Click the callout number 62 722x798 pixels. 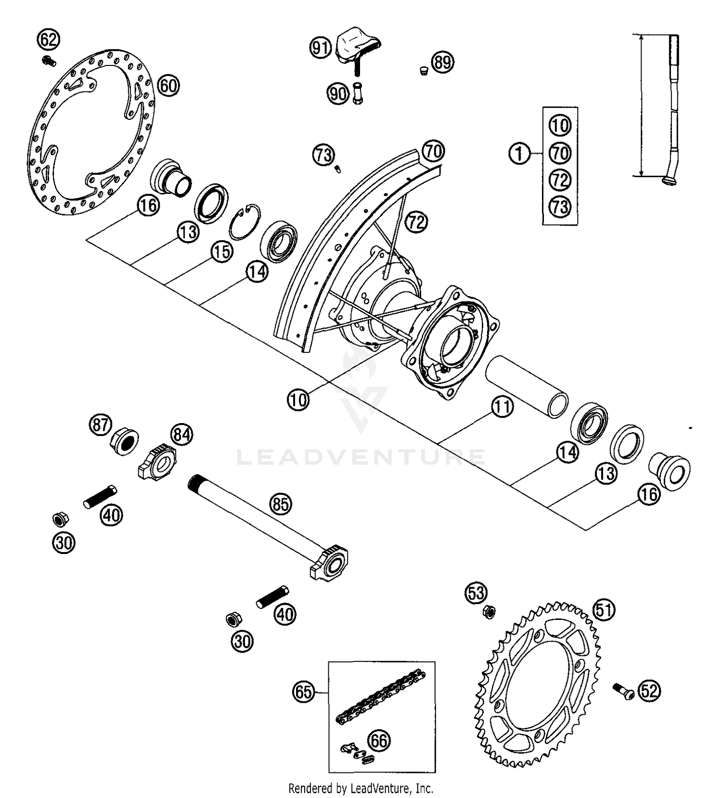[49, 39]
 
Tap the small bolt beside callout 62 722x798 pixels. [49, 61]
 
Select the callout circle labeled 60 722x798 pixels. [168, 86]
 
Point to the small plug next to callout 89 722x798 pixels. [424, 71]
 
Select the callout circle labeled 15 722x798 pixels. [222, 252]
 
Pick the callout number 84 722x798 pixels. [181, 435]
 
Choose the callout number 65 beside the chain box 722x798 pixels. [304, 692]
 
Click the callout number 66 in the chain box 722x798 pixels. [379, 741]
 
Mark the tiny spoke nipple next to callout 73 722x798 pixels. [338, 169]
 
